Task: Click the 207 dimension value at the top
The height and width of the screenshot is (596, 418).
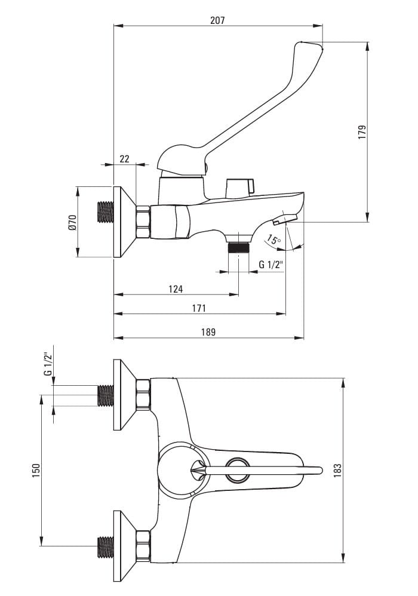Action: point(217,20)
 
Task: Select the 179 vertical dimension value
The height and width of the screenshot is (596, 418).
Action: point(362,132)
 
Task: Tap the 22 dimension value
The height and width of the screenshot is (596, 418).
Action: point(124,159)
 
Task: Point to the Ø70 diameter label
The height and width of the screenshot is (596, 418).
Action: point(72,222)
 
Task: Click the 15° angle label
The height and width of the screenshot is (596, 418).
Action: point(273,241)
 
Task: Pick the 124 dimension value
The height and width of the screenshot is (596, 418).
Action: point(176,289)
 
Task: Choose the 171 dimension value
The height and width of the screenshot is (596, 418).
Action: point(199,308)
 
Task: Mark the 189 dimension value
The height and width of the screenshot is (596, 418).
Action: point(208,332)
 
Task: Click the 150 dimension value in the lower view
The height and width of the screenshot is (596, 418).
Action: point(36,471)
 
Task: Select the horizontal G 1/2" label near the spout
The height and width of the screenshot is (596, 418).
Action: point(271,265)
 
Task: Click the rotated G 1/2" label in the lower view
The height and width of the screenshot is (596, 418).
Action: point(48,364)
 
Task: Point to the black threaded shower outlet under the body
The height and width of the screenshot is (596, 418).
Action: point(239,247)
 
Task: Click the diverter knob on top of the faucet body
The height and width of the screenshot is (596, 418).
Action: point(240,186)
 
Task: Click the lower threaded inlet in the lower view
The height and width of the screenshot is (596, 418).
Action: point(105,546)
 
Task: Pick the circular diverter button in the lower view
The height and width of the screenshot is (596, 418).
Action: point(238,470)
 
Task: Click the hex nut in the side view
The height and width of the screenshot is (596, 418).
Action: point(143,222)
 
